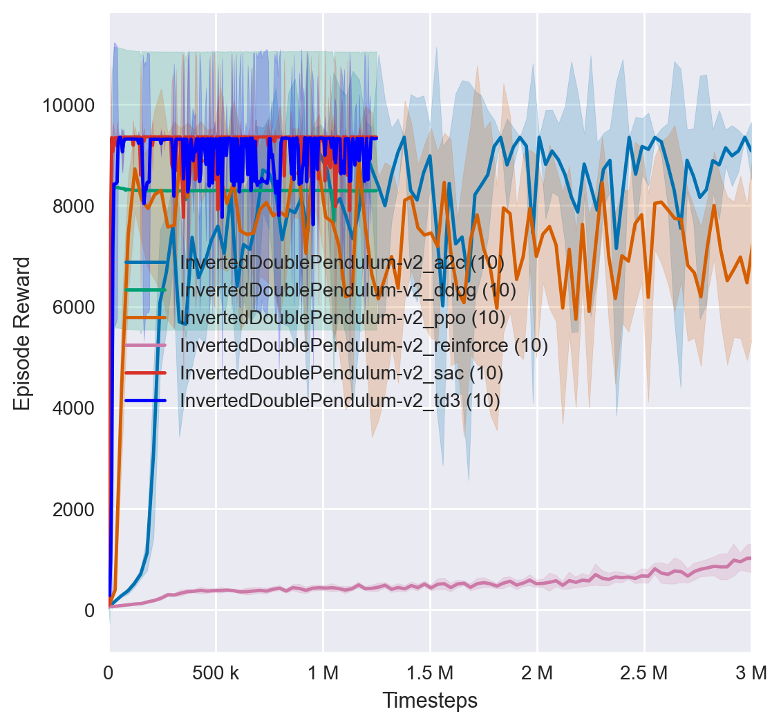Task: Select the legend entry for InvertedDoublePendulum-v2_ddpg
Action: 348,290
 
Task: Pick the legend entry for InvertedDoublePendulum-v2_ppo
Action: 342,318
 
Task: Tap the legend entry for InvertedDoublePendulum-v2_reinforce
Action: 364,345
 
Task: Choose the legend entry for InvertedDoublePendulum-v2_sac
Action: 341,373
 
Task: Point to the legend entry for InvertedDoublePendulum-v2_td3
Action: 339,400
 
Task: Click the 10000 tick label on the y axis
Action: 68,106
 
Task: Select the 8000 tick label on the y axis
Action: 72,207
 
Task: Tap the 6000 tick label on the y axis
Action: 72,308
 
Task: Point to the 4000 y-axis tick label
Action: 72,408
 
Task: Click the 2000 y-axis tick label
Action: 72,509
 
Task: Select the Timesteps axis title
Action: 430,701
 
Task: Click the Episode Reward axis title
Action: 23,333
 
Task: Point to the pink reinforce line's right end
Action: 750,558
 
